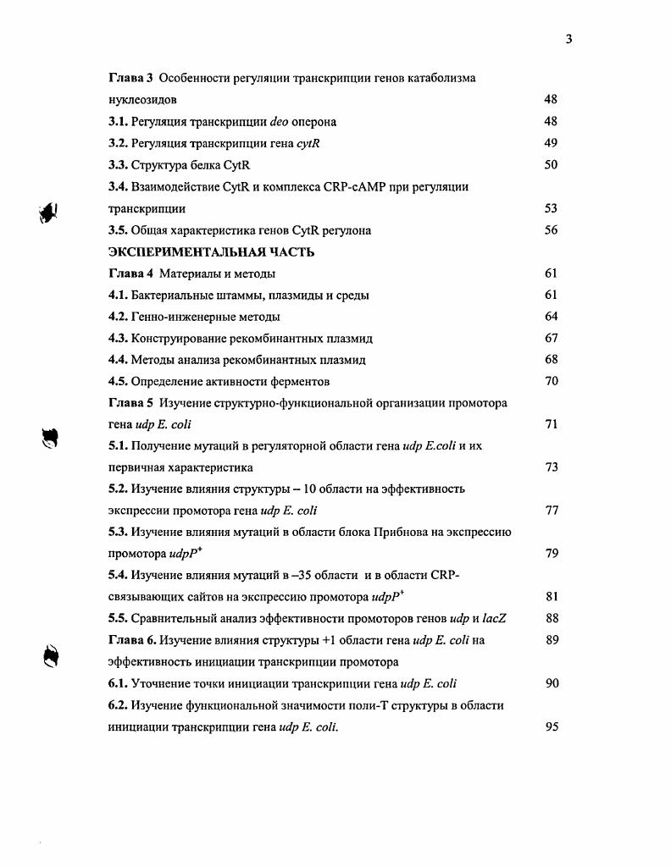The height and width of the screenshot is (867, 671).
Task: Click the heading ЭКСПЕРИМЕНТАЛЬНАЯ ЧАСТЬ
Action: (x=200, y=251)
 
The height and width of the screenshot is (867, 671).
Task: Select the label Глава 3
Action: (x=130, y=78)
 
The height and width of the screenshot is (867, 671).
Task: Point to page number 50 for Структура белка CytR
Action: (x=551, y=164)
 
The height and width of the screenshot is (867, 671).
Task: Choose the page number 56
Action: (x=551, y=230)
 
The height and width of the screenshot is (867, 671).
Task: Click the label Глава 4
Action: (x=130, y=273)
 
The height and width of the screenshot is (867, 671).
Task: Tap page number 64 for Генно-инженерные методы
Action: (x=551, y=317)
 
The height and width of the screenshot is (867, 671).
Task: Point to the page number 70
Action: (x=551, y=381)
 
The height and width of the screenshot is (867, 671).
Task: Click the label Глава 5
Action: (x=130, y=403)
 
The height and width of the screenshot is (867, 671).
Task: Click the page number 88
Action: (x=551, y=619)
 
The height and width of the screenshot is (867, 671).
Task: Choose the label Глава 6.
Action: (x=132, y=640)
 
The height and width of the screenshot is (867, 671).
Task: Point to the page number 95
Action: (x=551, y=726)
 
